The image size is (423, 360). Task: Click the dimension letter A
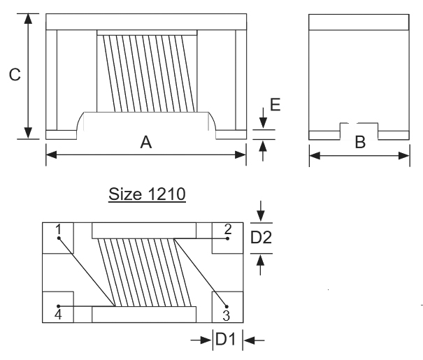tap(145, 143)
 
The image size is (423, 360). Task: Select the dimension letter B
tap(359, 143)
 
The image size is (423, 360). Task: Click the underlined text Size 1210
tap(147, 194)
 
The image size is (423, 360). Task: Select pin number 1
tap(59, 229)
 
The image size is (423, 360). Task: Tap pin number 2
tap(227, 229)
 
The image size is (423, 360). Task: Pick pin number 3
tap(226, 314)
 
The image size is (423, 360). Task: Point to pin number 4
tap(59, 315)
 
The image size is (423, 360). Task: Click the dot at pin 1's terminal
tap(59, 238)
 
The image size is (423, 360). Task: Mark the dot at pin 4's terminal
tap(59, 305)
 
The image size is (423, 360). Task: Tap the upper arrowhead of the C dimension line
tap(28, 18)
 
